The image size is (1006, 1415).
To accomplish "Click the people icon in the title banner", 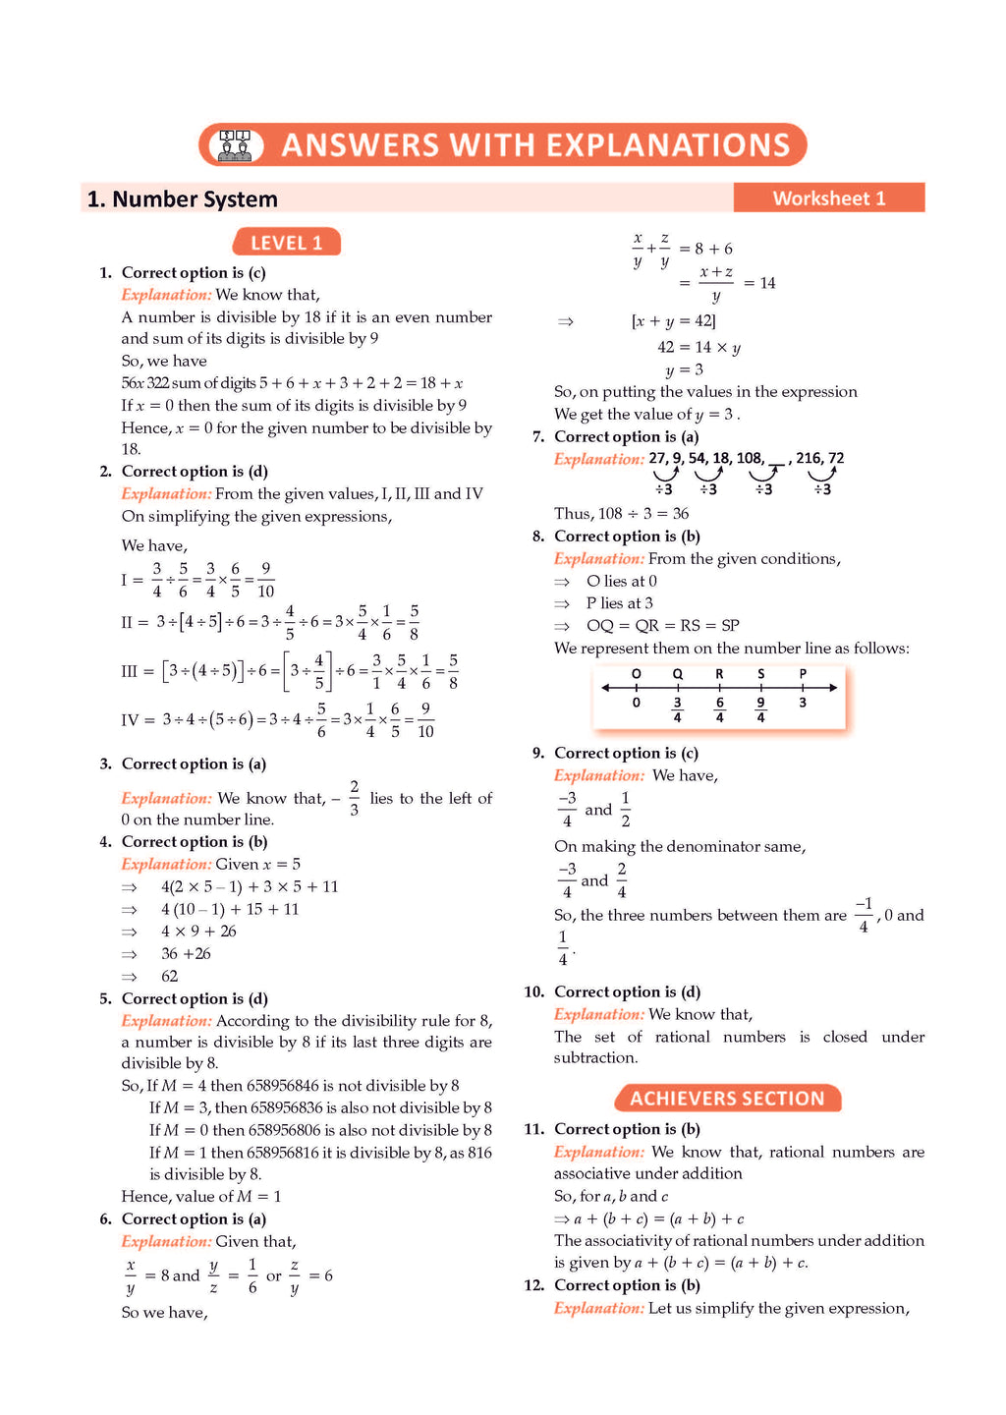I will point(235,145).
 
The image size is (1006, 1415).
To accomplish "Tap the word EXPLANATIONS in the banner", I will point(668,145).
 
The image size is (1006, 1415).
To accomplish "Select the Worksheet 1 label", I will point(828,198).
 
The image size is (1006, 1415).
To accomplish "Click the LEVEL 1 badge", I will point(286,243).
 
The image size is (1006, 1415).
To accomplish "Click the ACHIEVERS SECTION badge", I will point(727,1099).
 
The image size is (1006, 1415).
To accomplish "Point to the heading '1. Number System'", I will point(183,199).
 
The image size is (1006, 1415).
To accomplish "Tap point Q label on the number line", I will point(677,674).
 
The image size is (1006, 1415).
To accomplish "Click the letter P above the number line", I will point(803,674).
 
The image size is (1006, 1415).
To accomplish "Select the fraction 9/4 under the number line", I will point(760,709).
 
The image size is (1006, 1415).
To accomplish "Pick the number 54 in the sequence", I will point(698,458).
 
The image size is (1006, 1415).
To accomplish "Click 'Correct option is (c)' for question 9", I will point(626,753).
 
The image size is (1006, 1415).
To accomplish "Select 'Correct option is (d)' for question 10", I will point(627,991).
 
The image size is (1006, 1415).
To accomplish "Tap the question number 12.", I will point(533,1285).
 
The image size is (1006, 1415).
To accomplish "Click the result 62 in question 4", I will point(170,976).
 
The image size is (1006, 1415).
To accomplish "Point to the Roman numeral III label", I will point(130,671).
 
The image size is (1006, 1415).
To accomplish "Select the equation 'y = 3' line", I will point(685,369).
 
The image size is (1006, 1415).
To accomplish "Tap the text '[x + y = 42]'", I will point(674,321).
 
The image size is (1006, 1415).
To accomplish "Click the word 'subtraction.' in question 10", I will point(596,1058).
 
